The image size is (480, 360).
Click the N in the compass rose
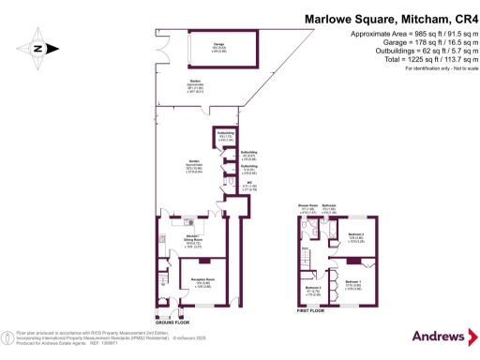pos(36,49)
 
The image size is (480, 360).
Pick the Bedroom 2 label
pos(355,237)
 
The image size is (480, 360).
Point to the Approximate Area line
pos(404,33)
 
